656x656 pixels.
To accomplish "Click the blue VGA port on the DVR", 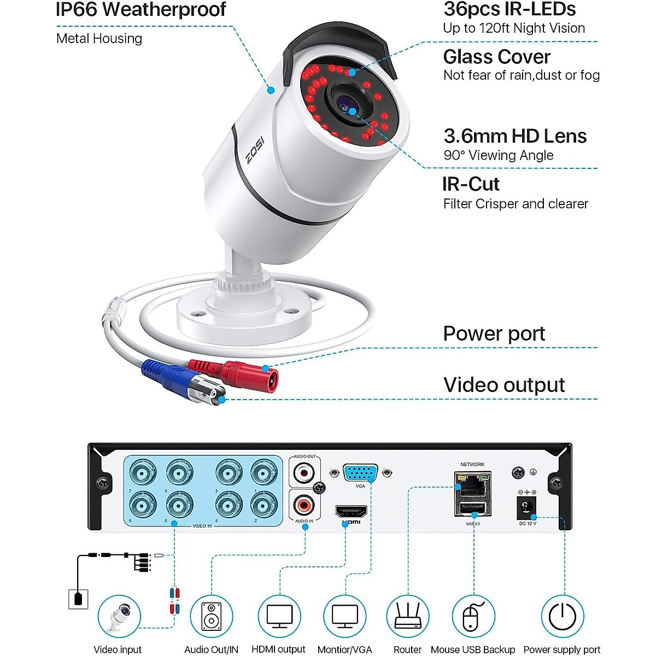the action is (x=360, y=472).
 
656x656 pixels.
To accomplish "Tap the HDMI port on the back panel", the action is (x=351, y=512).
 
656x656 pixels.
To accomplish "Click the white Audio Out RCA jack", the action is (x=304, y=471).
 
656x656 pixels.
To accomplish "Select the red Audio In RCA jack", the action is (x=304, y=503).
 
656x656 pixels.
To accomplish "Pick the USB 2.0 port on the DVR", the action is (x=472, y=509).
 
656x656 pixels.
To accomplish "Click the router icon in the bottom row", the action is (x=407, y=616).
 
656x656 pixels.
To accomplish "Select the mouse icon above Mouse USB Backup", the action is (x=473, y=616).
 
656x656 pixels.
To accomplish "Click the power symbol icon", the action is (x=563, y=616).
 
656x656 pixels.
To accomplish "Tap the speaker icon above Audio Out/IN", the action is (x=212, y=616).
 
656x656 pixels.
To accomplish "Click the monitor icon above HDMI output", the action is (x=279, y=616).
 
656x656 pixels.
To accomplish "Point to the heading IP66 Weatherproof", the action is (x=141, y=10).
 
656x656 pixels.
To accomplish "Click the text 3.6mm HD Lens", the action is (x=515, y=136).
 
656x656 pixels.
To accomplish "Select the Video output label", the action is (x=504, y=385).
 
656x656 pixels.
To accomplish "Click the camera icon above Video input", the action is (x=120, y=616).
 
